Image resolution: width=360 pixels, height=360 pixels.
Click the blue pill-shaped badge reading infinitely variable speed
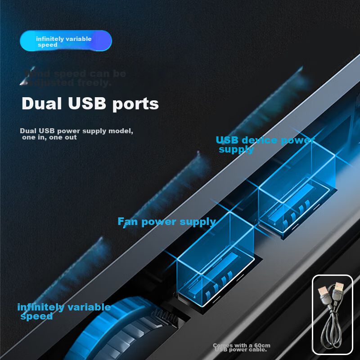(66, 41)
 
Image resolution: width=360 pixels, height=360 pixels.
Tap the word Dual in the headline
(42, 103)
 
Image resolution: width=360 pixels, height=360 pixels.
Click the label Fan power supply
(166, 221)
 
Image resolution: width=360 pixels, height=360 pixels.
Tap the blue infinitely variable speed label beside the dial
(63, 311)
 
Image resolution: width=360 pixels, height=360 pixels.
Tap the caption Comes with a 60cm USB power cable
(240, 347)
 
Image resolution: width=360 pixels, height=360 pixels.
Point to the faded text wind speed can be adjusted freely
(74, 78)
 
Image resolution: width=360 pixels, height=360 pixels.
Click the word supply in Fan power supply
(198, 221)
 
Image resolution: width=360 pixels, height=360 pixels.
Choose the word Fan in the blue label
(127, 221)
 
